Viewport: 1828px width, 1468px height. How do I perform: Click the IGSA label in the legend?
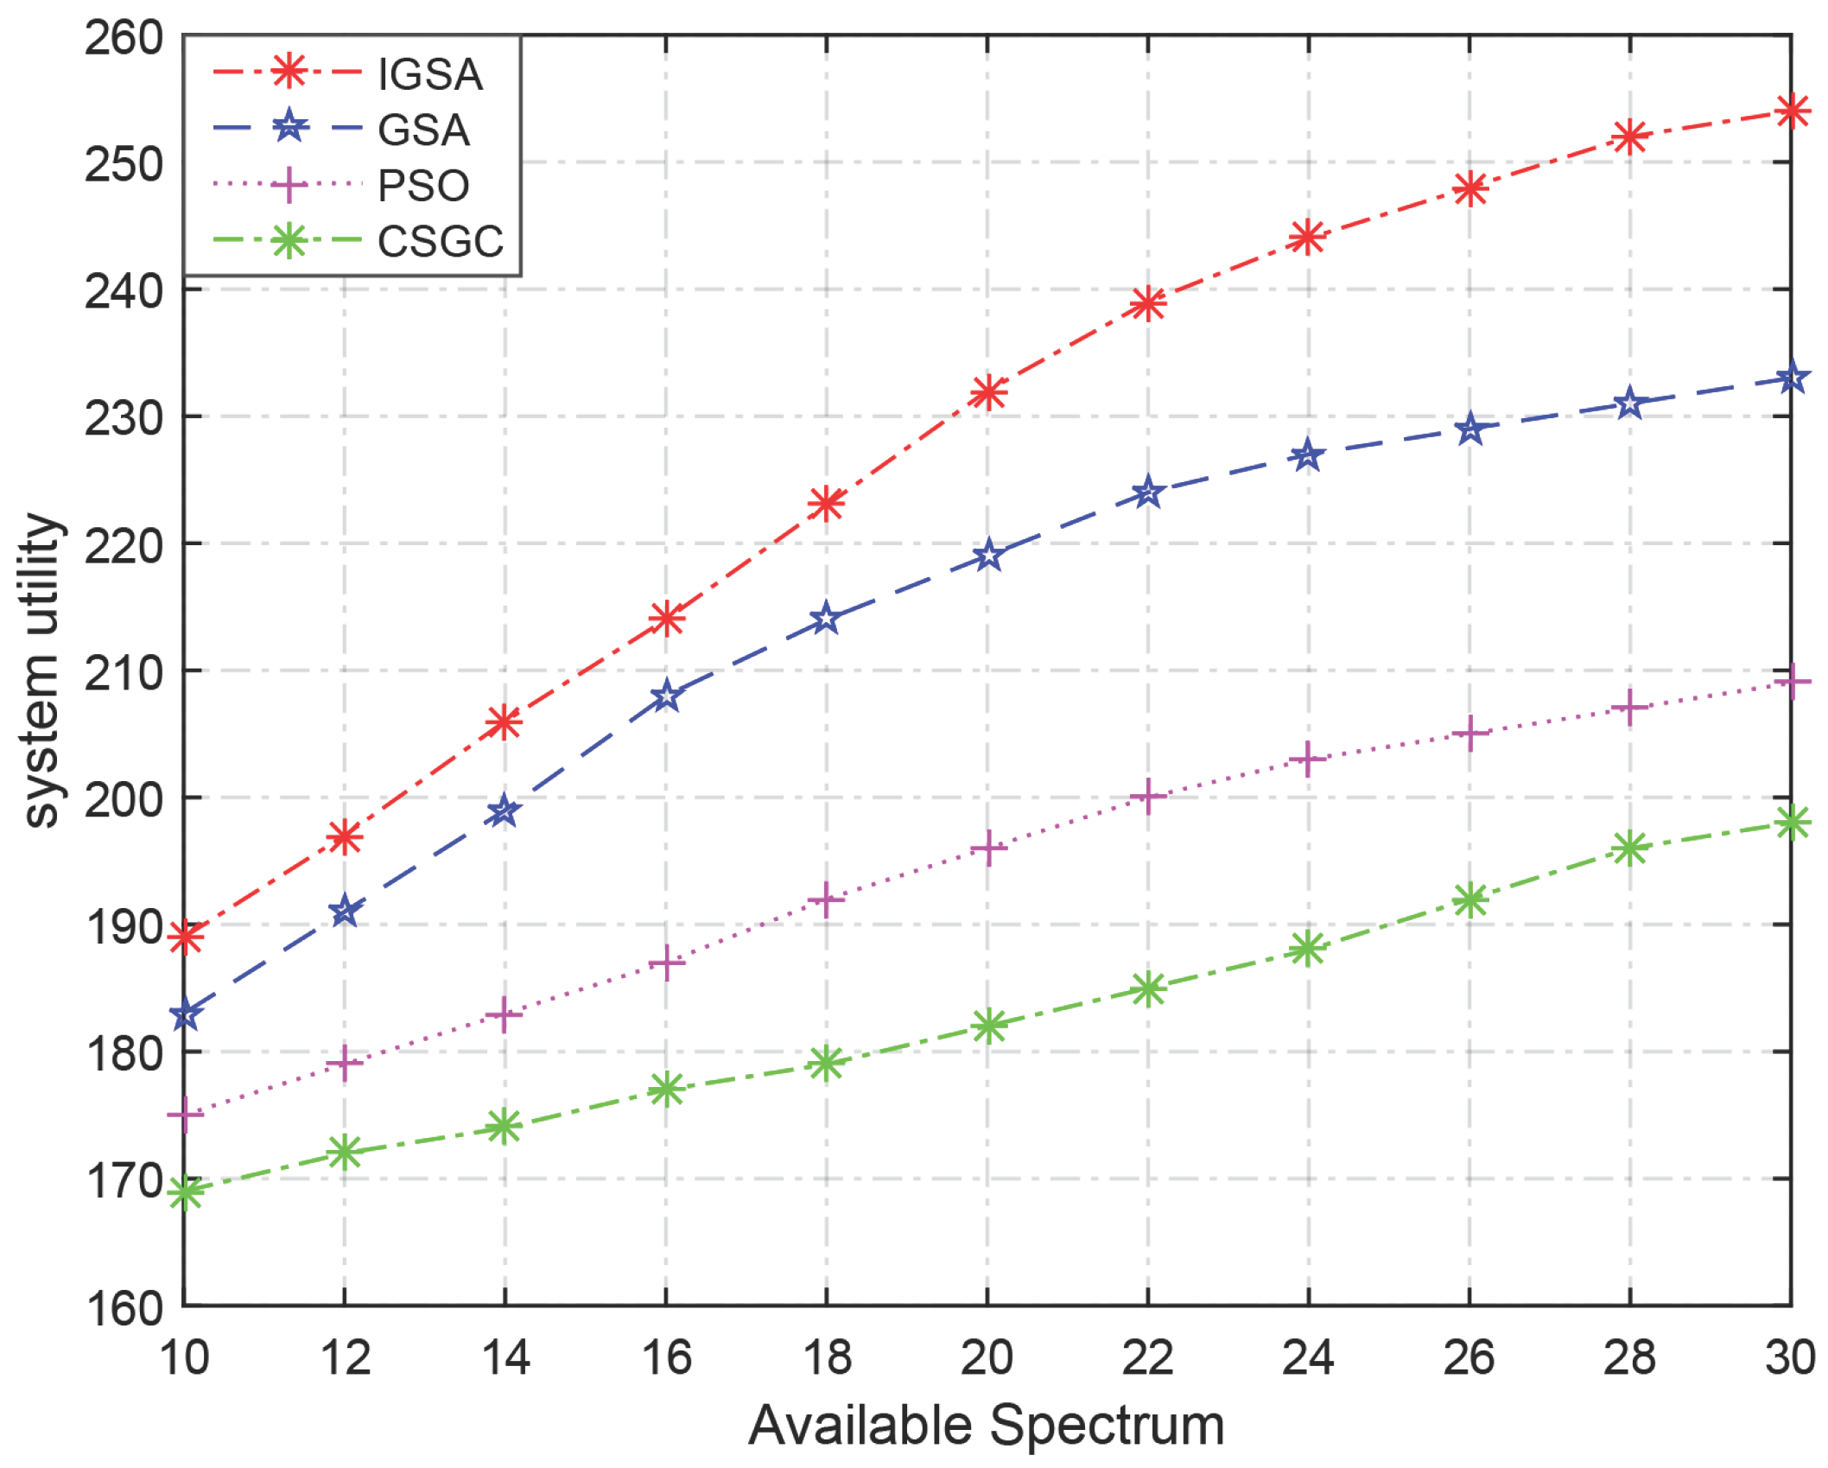click(x=429, y=74)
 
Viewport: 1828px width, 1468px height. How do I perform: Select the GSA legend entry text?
click(x=423, y=130)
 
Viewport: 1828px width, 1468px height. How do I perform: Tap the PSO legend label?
click(x=423, y=186)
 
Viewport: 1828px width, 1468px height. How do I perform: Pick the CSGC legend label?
click(x=440, y=241)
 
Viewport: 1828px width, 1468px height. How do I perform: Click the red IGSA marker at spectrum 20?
click(x=987, y=393)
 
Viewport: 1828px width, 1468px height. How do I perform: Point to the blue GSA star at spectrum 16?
click(x=666, y=696)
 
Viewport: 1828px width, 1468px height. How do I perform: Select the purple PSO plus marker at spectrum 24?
click(x=1308, y=759)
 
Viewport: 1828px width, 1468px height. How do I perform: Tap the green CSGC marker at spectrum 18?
click(x=827, y=1064)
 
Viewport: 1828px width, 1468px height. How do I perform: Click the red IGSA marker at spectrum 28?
click(x=1629, y=137)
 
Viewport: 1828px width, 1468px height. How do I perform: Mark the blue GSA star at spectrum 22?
click(x=1148, y=493)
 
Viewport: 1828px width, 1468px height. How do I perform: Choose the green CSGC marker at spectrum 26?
click(x=1469, y=899)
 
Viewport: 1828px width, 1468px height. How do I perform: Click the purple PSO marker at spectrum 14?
click(x=505, y=1014)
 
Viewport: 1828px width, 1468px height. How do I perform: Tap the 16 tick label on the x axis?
click(x=666, y=1357)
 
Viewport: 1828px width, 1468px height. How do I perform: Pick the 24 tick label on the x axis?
click(x=1308, y=1357)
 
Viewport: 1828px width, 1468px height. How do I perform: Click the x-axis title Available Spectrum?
click(x=986, y=1425)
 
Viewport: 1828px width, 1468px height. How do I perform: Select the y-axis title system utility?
click(x=40, y=671)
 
